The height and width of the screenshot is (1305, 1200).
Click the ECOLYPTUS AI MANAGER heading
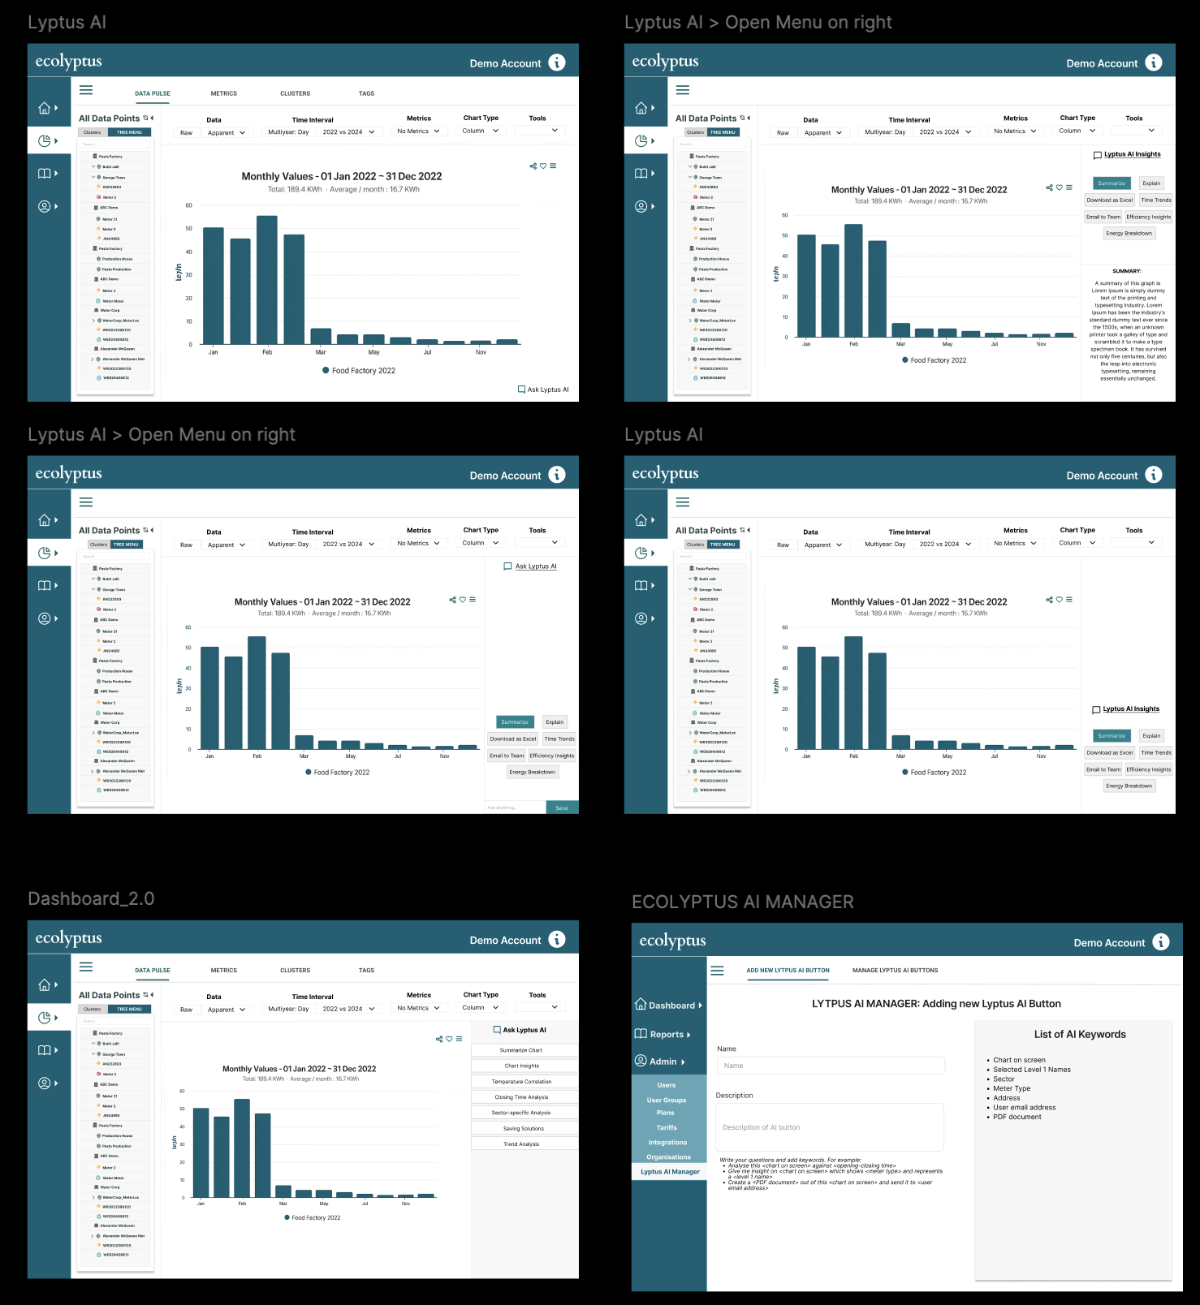pos(742,902)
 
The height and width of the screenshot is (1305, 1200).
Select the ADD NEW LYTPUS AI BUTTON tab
pos(788,971)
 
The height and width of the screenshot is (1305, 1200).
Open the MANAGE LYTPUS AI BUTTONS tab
pos(895,971)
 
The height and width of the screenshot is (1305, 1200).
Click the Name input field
pos(831,1066)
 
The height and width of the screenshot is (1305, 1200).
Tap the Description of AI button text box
pos(829,1127)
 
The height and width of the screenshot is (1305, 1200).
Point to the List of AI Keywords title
pos(1079,1035)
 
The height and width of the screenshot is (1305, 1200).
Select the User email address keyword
pos(1024,1108)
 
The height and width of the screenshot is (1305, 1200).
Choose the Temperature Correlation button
pos(521,1082)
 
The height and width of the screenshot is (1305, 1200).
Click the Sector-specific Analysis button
pos(521,1113)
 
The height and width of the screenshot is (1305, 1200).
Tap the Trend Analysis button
pos(521,1144)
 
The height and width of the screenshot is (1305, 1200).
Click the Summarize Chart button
pos(521,1050)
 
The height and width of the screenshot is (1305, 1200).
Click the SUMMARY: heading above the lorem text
pos(1126,271)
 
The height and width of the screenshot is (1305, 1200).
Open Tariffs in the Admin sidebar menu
pos(667,1128)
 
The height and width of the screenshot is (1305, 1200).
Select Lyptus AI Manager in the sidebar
pos(670,1172)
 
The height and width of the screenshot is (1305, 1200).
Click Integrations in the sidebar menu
pos(667,1143)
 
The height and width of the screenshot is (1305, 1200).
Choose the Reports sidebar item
pos(667,1035)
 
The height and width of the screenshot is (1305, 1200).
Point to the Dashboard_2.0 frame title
pos(91,899)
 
